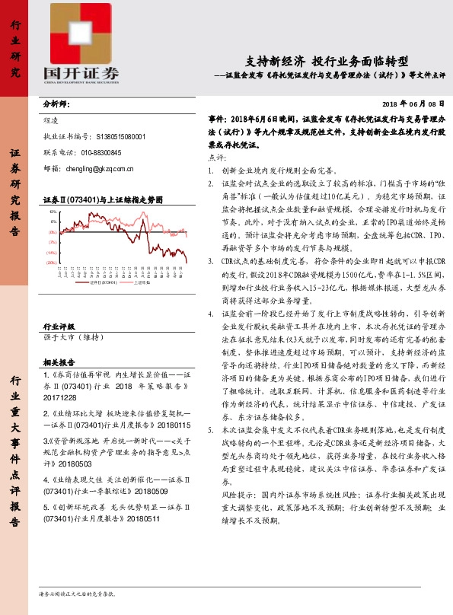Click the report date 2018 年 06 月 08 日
pos(412,104)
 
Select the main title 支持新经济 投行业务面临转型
pos(328,60)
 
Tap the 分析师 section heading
pos(56,104)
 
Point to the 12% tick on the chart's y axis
pos(53,212)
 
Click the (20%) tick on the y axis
pos(51,262)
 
